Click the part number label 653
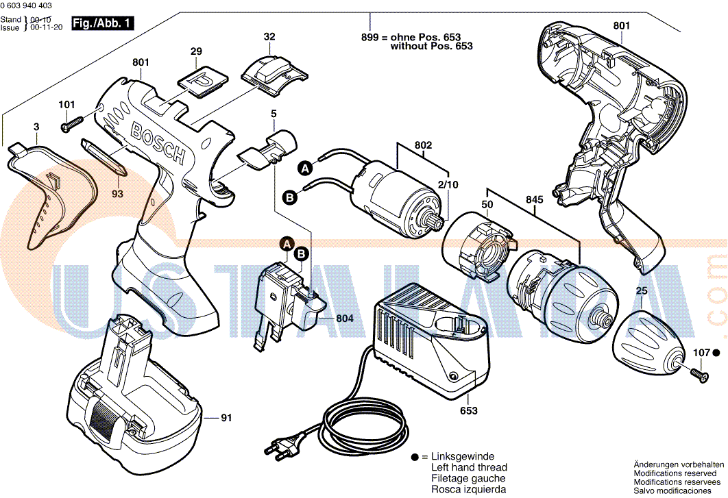469,411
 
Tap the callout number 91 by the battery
228,416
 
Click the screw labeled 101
71,125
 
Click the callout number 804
345,319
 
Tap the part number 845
535,200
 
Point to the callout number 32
269,36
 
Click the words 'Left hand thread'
469,467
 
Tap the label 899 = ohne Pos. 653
411,37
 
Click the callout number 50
487,205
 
